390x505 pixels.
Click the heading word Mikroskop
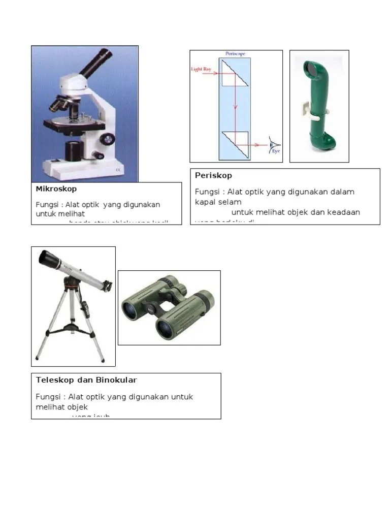[x=56, y=189]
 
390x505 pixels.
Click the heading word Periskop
[x=213, y=176]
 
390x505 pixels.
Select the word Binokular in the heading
[x=116, y=380]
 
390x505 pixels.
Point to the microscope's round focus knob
[x=107, y=138]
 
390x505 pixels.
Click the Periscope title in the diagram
[x=235, y=53]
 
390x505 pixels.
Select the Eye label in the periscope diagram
[x=276, y=151]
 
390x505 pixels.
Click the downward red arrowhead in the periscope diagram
[x=235, y=107]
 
